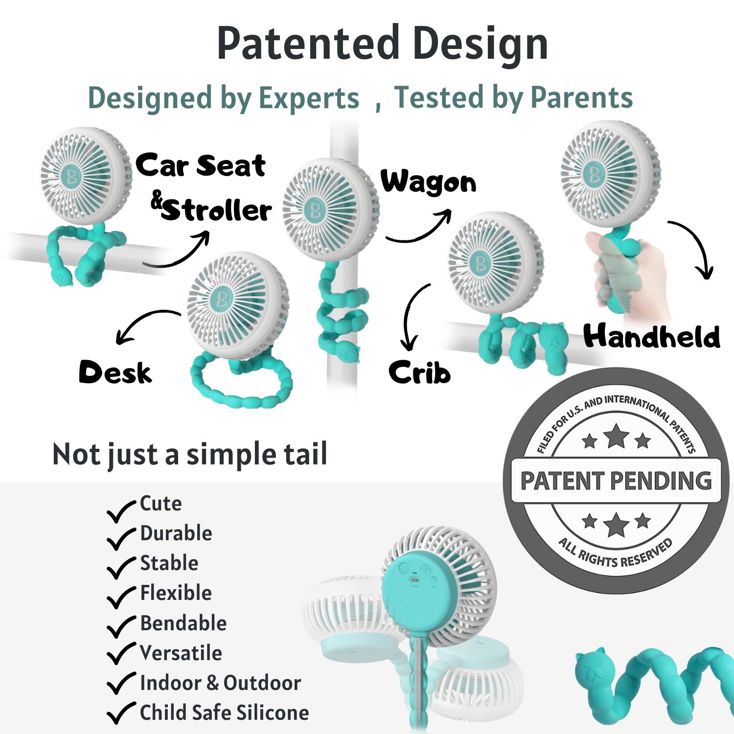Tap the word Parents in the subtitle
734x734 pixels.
[x=582, y=97]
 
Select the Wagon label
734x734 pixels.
[x=429, y=183]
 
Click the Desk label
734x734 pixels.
[x=115, y=372]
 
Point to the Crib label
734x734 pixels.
[x=419, y=372]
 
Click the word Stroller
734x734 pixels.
[x=216, y=211]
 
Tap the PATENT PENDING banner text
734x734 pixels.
[x=616, y=481]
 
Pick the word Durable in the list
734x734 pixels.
[x=176, y=533]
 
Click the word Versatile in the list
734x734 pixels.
[x=181, y=653]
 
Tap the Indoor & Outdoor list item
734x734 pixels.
[x=220, y=683]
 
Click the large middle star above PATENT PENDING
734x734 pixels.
[x=616, y=436]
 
